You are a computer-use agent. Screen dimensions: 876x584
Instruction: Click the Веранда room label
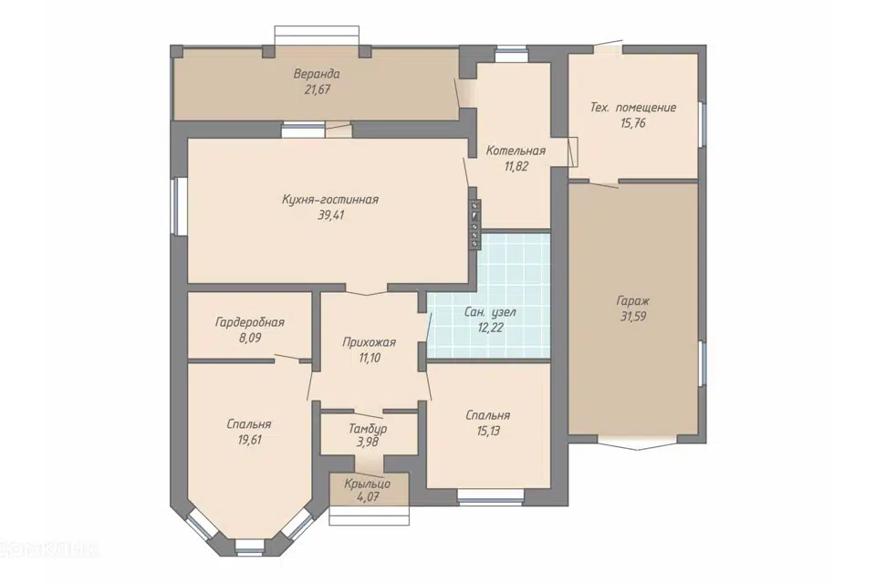tap(317, 74)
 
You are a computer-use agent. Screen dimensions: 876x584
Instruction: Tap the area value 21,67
tap(318, 89)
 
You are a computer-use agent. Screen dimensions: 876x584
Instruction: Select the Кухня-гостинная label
tap(330, 200)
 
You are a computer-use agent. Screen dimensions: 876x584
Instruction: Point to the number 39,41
tap(330, 215)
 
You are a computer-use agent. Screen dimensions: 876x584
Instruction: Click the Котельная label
tap(516, 151)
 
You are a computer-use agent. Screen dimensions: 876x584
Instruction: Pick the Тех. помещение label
tap(633, 108)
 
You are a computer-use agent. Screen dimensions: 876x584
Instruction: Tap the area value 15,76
tap(633, 123)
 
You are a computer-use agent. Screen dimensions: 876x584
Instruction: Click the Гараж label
tap(633, 301)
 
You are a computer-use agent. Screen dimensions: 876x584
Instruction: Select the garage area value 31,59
tap(633, 317)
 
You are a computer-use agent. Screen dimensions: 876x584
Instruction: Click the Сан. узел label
tap(490, 312)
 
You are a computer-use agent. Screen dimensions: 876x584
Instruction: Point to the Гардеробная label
tap(250, 322)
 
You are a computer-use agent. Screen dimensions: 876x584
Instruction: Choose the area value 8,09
tap(250, 339)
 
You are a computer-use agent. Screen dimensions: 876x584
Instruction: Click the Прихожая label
tap(370, 342)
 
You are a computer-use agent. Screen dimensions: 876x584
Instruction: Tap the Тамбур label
tap(368, 429)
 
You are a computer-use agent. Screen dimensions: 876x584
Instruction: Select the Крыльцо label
tap(368, 484)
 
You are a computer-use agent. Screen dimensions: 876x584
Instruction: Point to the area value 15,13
tap(487, 432)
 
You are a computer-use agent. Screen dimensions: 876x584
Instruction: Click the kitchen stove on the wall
tap(474, 224)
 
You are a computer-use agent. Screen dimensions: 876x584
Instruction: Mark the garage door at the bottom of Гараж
tap(633, 441)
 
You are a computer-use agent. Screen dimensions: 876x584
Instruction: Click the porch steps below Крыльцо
tap(370, 515)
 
